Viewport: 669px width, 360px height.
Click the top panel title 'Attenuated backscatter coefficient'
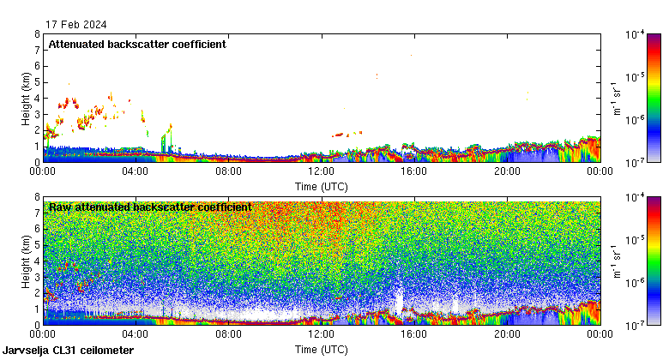[137, 45]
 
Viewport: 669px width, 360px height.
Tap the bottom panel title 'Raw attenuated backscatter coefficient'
[150, 207]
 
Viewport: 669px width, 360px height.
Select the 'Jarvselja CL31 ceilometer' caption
[68, 351]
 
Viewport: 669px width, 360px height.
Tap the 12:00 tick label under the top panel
[321, 171]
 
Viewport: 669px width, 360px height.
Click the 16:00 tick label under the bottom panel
[413, 334]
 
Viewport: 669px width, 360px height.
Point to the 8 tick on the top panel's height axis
[37, 35]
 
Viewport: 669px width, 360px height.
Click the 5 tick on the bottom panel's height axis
[37, 245]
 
